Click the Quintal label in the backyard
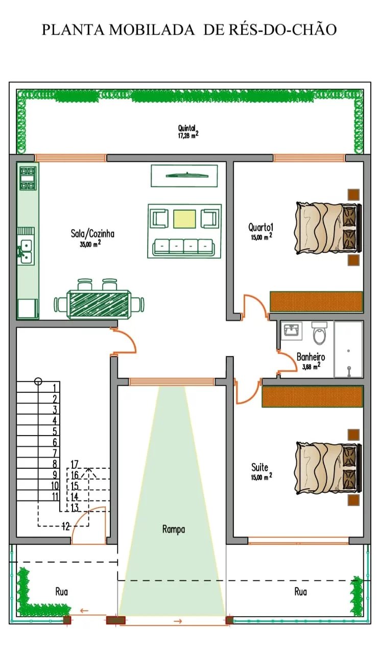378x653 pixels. pyautogui.click(x=187, y=128)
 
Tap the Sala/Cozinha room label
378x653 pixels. pyautogui.click(x=92, y=234)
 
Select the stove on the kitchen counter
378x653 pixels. pyautogui.click(x=28, y=179)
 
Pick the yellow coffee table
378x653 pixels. pyautogui.click(x=184, y=219)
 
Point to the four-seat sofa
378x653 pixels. pyautogui.click(x=183, y=246)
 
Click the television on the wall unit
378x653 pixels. pyautogui.click(x=187, y=175)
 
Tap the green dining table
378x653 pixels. pyautogui.click(x=99, y=304)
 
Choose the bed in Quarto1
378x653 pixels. pyautogui.click(x=328, y=228)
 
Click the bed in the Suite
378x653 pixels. pyautogui.click(x=328, y=468)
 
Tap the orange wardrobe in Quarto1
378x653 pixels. pyautogui.click(x=316, y=302)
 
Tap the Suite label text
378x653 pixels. pyautogui.click(x=259, y=467)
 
